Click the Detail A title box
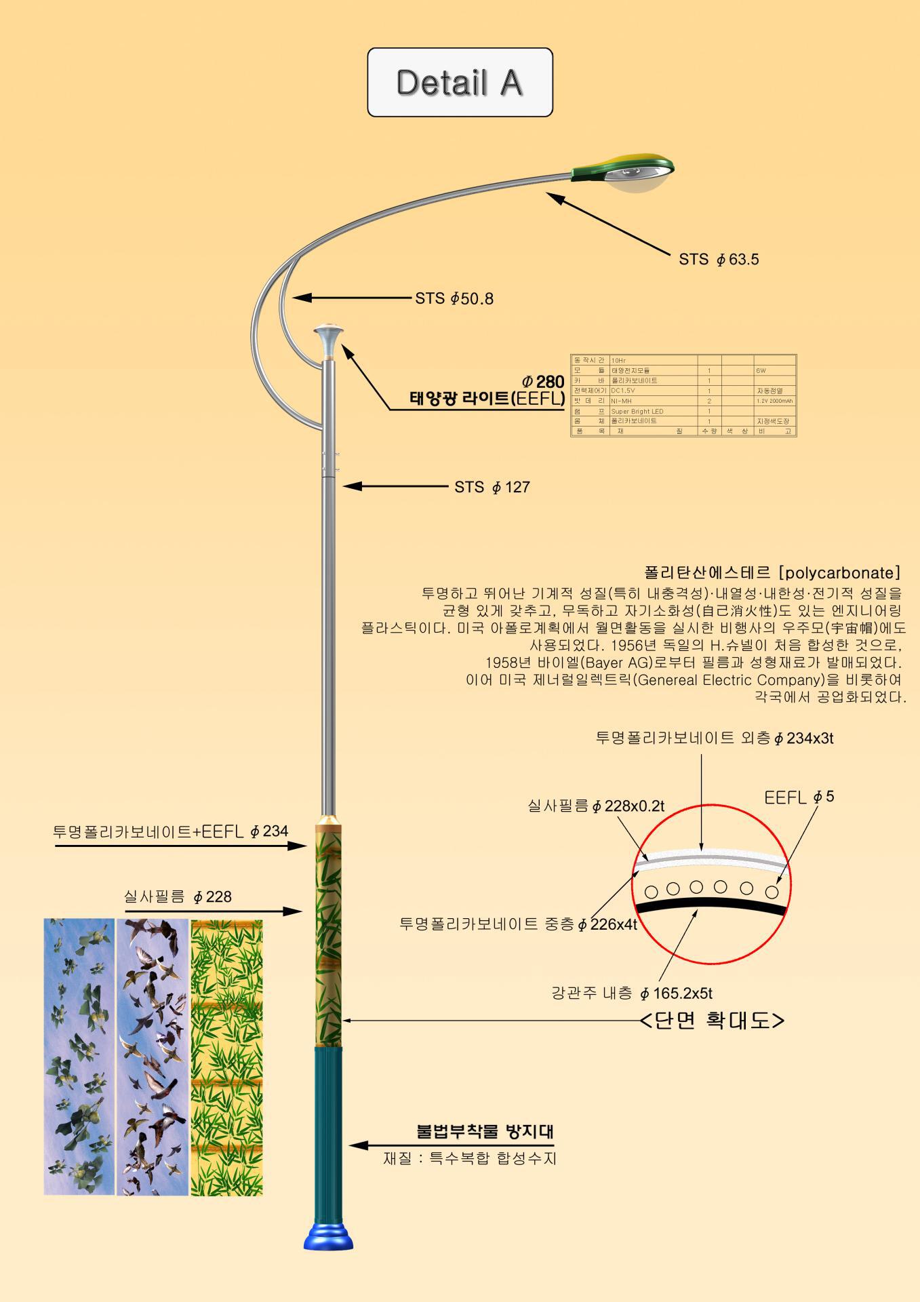click(460, 82)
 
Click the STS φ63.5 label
click(719, 259)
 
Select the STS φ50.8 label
click(454, 298)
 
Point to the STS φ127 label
click(492, 487)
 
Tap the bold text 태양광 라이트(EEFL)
click(487, 399)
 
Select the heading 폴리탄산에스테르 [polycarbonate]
click(772, 572)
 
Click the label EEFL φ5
click(799, 797)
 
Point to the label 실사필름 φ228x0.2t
click(596, 806)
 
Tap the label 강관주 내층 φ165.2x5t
click(632, 993)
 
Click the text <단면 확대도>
click(713, 1020)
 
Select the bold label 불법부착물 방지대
click(485, 1131)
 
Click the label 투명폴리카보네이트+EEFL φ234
click(171, 831)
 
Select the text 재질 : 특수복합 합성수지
click(469, 1158)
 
